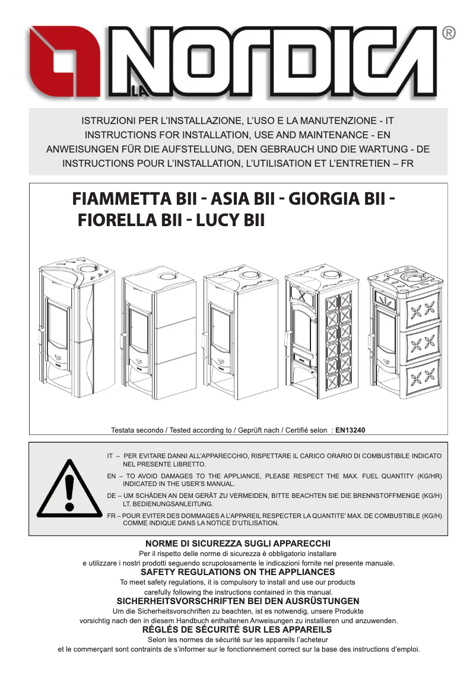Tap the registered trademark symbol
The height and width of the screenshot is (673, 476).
[449, 34]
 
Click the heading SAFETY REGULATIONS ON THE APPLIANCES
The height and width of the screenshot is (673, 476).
[237, 572]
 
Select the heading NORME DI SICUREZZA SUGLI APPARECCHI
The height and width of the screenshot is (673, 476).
[237, 544]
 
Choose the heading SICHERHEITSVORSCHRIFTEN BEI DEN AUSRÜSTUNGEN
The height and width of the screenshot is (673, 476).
[237, 601]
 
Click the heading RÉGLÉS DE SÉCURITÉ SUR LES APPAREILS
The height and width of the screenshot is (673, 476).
[237, 629]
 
